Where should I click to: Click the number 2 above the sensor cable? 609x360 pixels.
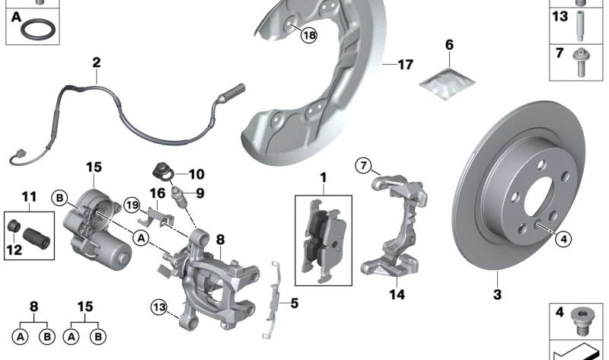[x=97, y=62]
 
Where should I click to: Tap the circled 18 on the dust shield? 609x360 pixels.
[x=308, y=34]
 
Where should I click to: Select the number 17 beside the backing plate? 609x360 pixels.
[x=405, y=65]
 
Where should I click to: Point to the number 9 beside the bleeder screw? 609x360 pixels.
[x=200, y=193]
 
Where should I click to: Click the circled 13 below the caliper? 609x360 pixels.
[x=157, y=307]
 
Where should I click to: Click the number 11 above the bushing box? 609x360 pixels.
[x=29, y=196]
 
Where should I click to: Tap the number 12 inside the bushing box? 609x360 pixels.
[x=14, y=247]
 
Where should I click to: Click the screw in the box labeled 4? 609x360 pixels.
[x=582, y=320]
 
